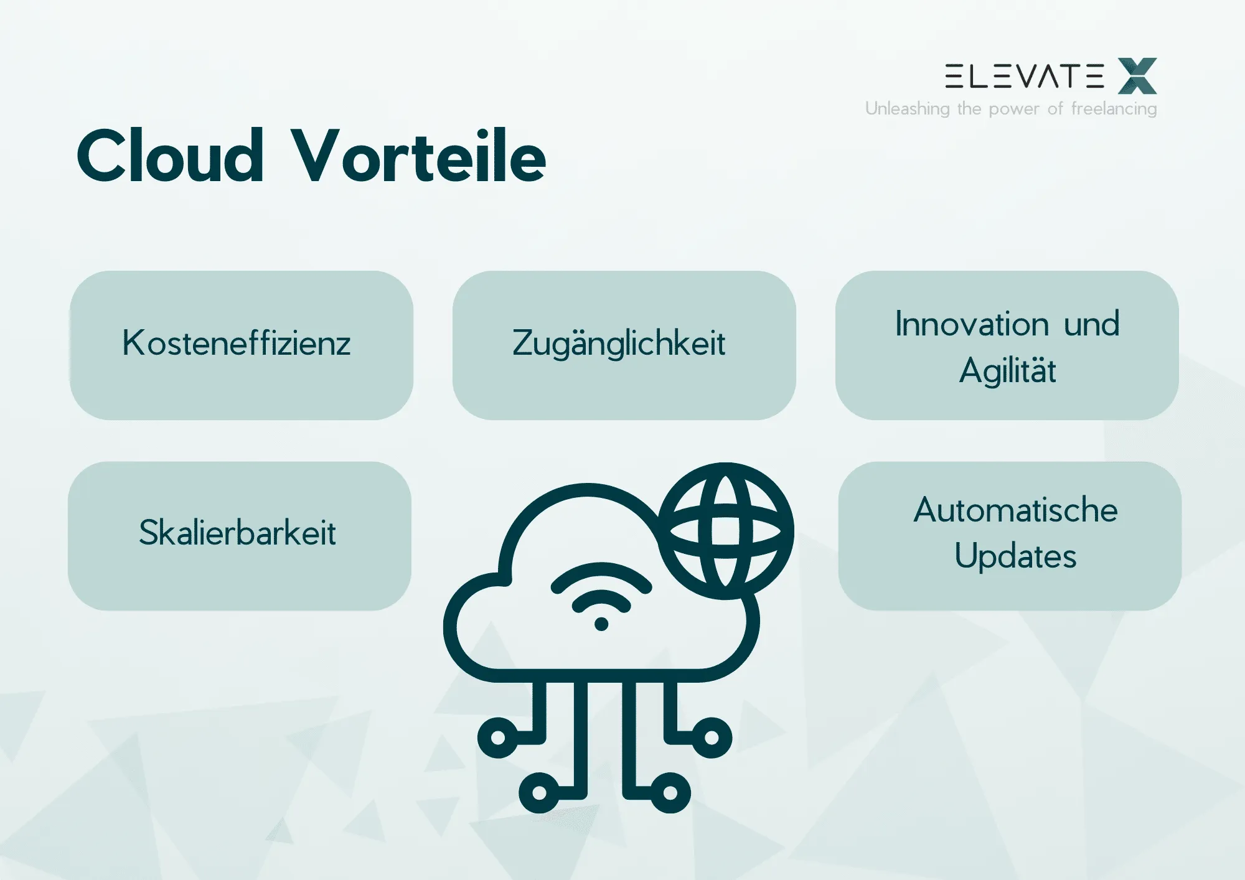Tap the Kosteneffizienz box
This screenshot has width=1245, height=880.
[242, 345]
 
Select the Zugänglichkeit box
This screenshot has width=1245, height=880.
[624, 345]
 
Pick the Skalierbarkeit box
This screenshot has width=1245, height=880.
[240, 536]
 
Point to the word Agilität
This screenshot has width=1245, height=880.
[1007, 370]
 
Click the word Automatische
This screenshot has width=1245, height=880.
[1015, 510]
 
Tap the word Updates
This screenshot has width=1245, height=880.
[1015, 556]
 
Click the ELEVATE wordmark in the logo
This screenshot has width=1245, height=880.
[1025, 76]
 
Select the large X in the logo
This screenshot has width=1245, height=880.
[1137, 76]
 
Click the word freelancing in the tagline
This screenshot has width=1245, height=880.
[1114, 109]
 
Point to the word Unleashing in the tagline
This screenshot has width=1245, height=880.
[907, 108]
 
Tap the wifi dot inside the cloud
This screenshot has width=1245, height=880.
[601, 624]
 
